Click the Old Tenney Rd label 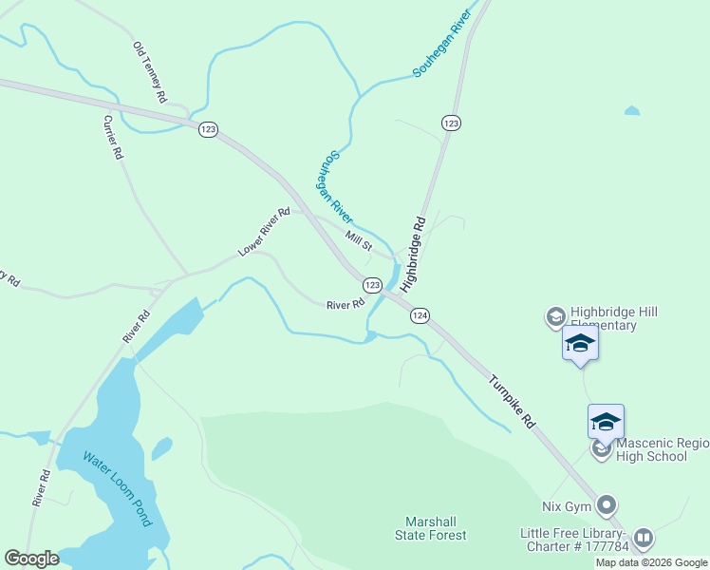click(x=150, y=72)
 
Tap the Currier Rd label click(x=113, y=137)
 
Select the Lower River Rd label click(x=264, y=233)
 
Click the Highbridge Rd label click(x=414, y=254)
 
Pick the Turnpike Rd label click(x=513, y=404)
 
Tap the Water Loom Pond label click(x=116, y=488)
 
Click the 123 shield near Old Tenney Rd click(x=209, y=129)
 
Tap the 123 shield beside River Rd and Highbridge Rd click(x=372, y=285)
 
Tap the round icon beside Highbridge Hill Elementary click(x=555, y=317)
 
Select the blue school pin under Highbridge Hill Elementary click(x=580, y=344)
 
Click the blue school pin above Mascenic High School click(x=606, y=422)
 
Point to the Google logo click(x=30, y=559)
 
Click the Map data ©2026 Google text click(x=651, y=562)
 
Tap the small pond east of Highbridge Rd click(x=632, y=111)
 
